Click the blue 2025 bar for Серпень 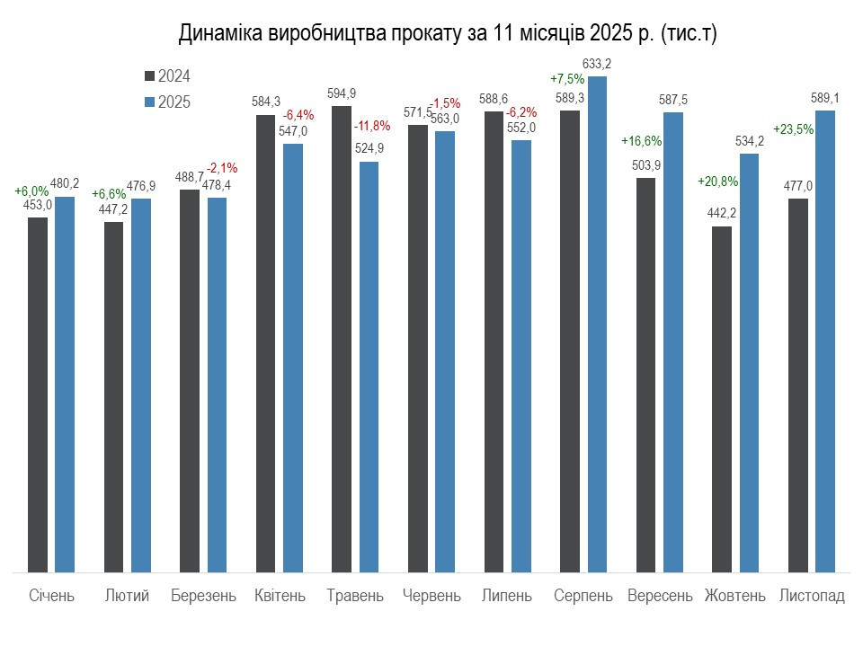(597, 323)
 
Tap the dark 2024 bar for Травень (342, 339)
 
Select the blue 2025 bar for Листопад (825, 341)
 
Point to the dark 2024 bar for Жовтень (722, 399)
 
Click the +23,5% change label (793, 129)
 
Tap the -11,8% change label (371, 125)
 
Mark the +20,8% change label (717, 181)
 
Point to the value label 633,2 (597, 64)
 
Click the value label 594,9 (342, 93)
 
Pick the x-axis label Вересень (661, 596)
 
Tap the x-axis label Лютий (128, 596)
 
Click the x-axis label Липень (508, 596)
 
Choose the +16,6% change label (641, 141)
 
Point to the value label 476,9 (141, 186)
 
